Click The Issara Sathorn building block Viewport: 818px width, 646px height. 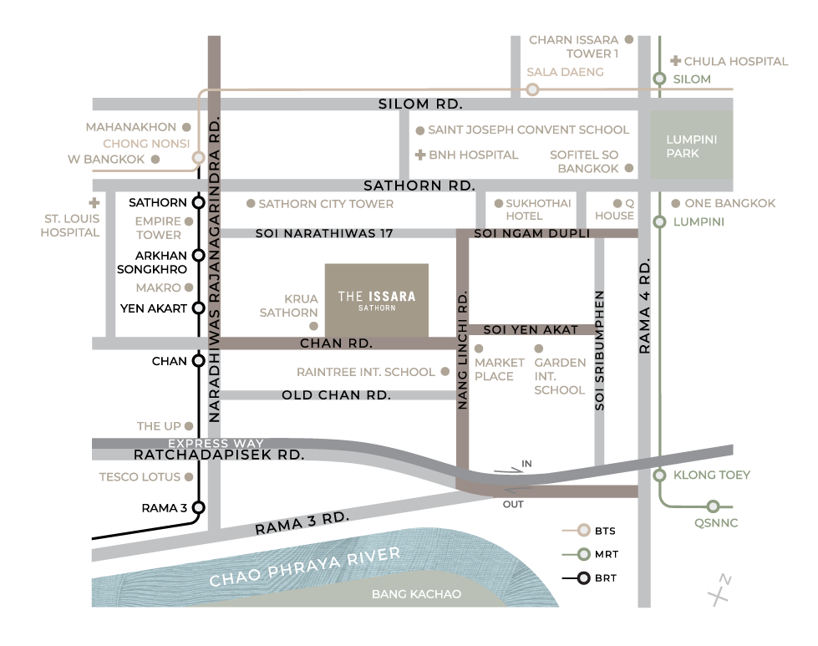tap(376, 300)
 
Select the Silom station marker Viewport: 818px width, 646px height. tap(659, 79)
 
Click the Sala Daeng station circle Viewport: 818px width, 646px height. tap(532, 89)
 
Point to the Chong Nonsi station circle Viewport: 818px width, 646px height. tap(198, 157)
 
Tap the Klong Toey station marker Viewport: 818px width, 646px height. tap(659, 475)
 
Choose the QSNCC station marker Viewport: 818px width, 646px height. tap(713, 506)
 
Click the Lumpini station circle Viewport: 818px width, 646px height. tap(659, 222)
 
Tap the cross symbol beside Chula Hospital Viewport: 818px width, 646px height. tap(675, 61)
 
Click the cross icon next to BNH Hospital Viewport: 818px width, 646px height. tap(420, 155)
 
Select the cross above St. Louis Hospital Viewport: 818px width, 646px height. tap(94, 203)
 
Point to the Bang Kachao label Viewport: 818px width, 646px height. tap(415, 594)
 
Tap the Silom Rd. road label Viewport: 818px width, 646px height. tap(420, 104)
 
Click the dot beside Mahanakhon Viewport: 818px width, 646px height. tap(187, 128)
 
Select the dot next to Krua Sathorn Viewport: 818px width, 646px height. tap(313, 326)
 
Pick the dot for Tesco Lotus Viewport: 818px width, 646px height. tap(189, 477)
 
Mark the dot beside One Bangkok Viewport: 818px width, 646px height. tap(675, 203)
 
